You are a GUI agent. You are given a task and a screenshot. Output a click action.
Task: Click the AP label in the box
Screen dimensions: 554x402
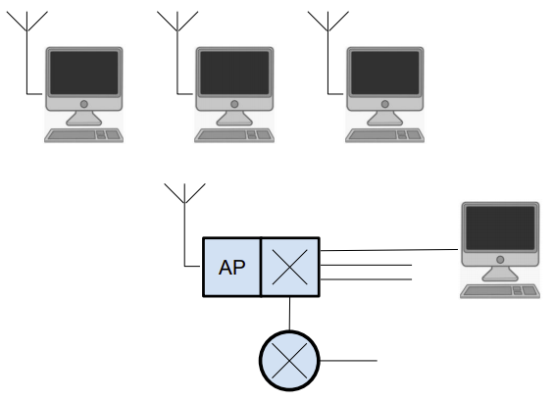click(231, 268)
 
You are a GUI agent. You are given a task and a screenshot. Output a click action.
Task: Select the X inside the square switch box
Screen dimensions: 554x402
click(289, 267)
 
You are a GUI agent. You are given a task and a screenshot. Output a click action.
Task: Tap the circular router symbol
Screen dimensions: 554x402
click(289, 361)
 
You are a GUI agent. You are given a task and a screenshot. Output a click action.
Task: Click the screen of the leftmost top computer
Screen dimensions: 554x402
click(83, 73)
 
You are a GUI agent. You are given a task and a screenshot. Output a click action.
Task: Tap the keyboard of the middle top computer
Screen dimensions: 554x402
click(234, 135)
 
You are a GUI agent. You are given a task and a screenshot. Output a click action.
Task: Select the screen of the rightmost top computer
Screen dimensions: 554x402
click(385, 73)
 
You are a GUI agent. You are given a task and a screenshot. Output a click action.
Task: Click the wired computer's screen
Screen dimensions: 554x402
click(500, 228)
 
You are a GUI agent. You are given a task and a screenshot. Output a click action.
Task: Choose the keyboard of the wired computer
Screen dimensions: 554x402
click(500, 291)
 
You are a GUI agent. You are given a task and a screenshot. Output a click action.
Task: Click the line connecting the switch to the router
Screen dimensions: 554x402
click(289, 314)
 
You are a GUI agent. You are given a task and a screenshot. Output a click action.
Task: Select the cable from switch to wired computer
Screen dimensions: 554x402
click(388, 250)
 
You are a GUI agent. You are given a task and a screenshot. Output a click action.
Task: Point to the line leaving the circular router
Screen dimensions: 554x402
click(349, 361)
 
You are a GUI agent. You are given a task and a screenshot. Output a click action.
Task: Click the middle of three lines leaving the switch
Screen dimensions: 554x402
click(366, 265)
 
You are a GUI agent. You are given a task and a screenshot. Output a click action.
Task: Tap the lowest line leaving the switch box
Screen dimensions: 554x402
click(366, 279)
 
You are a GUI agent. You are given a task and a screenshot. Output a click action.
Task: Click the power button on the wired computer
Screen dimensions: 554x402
click(500, 260)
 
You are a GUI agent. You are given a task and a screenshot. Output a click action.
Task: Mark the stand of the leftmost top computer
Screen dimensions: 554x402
click(83, 119)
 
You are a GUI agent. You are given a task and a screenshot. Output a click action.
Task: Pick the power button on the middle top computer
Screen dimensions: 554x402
click(234, 104)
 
